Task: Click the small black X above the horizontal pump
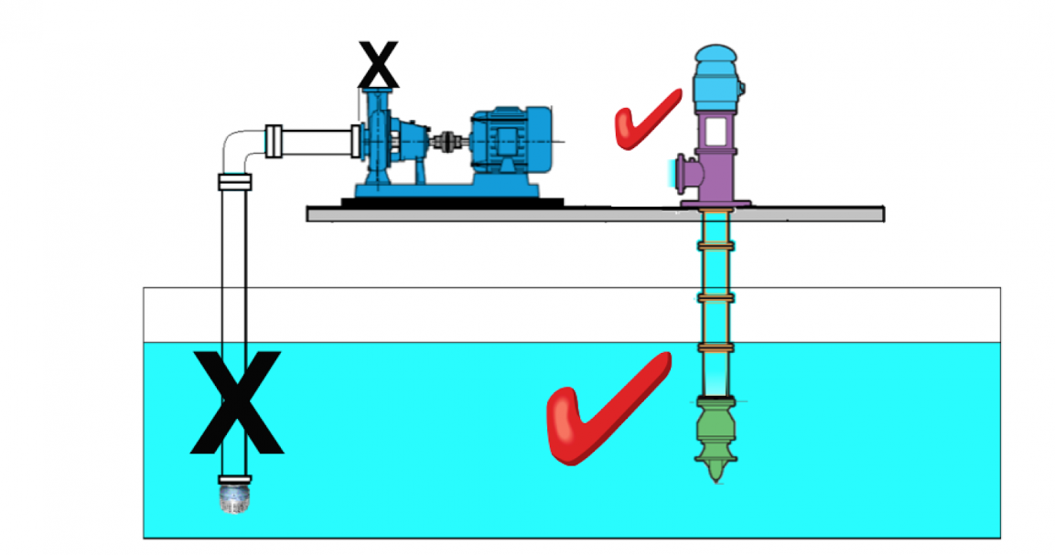coord(378,65)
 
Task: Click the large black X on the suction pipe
coord(237,402)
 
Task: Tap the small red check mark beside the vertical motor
coord(646,119)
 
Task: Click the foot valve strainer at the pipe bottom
coord(235,498)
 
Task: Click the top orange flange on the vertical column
coord(716,246)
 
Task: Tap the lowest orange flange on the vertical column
coord(716,348)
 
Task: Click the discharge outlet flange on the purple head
coord(679,170)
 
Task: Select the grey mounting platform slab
coord(595,214)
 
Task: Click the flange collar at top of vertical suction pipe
coord(235,182)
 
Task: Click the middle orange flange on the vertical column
coord(716,298)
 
